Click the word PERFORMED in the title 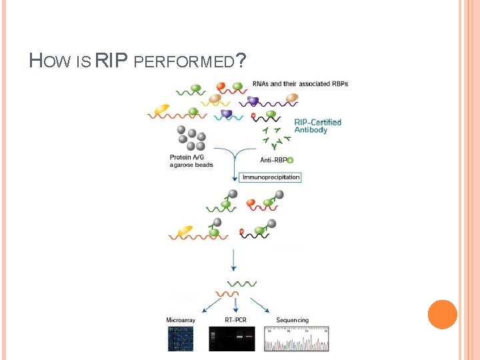tap(184, 63)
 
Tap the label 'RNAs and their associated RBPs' tap(300, 84)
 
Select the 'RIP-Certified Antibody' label tap(317, 126)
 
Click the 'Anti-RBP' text tap(273, 159)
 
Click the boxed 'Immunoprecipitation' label tap(271, 177)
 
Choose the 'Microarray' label tap(180, 321)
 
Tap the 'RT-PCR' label tap(235, 321)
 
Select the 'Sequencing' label tap(292, 321)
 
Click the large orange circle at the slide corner tap(442, 315)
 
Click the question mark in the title tap(241, 62)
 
